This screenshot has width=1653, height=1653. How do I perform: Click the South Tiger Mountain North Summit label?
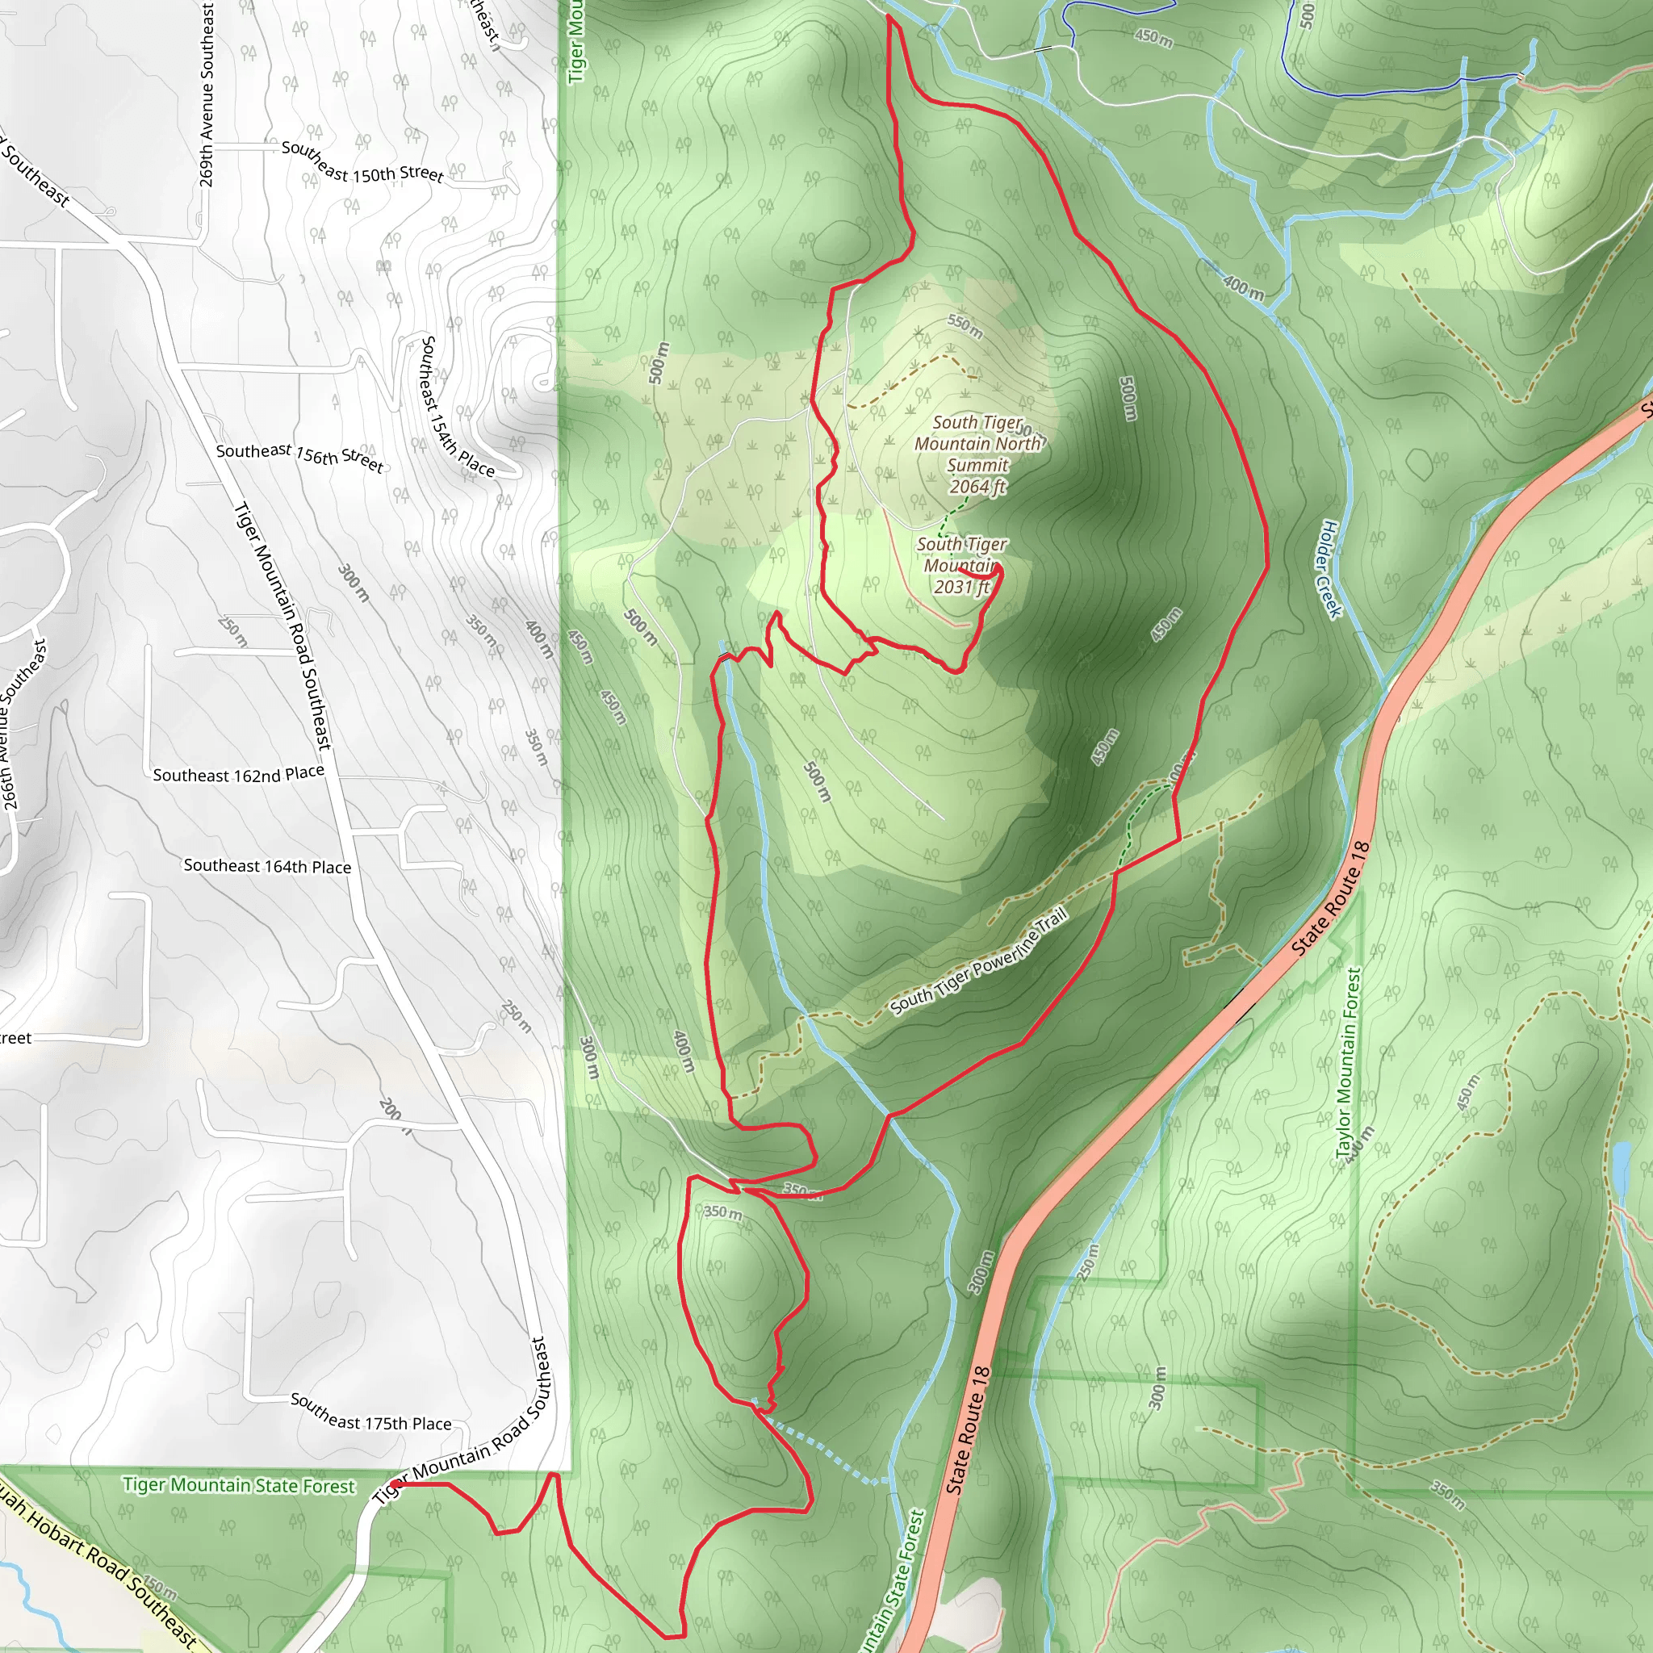977,443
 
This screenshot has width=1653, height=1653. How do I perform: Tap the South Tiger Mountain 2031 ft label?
960,566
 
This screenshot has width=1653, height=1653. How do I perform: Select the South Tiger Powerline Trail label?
979,961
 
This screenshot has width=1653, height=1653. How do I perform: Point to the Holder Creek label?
1331,568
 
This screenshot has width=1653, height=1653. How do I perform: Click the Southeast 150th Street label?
362,161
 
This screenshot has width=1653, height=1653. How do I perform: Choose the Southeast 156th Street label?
299,456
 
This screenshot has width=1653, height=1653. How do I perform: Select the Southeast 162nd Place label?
239,774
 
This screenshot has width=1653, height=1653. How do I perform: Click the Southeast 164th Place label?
267,866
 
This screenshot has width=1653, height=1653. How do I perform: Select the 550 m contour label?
965,325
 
